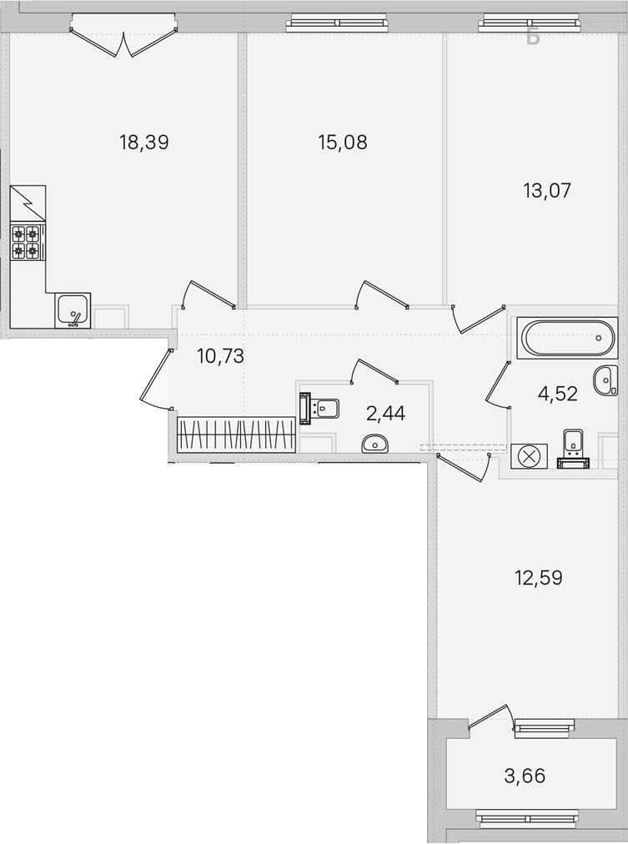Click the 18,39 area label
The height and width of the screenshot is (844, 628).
pos(144,143)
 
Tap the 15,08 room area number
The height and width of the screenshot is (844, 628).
pos(343,143)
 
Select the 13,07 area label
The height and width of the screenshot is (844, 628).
pos(547,190)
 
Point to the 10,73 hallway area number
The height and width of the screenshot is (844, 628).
pos(221,356)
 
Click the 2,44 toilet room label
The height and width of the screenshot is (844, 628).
pos(385,414)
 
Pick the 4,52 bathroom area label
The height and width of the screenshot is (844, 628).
pos(557,394)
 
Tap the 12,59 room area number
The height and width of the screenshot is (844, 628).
pos(539,578)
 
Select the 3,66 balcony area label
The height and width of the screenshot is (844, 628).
pos(525,776)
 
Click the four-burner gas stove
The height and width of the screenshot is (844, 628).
pos(28,243)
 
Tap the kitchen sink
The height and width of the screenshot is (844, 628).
pos(73,310)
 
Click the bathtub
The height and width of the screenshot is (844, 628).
pos(567,338)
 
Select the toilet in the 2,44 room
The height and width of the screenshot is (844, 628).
pos(319,409)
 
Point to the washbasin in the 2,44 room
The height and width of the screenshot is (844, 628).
pos(374,444)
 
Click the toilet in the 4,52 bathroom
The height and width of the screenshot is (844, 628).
pos(574,449)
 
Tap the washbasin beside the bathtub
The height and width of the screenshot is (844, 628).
pos(605,380)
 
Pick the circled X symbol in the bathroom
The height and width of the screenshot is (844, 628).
pos(529,456)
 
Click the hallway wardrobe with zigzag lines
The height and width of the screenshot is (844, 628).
pos(236,435)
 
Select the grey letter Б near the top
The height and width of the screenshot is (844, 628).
pos(533,38)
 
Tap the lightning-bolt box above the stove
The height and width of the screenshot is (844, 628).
pos(28,203)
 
